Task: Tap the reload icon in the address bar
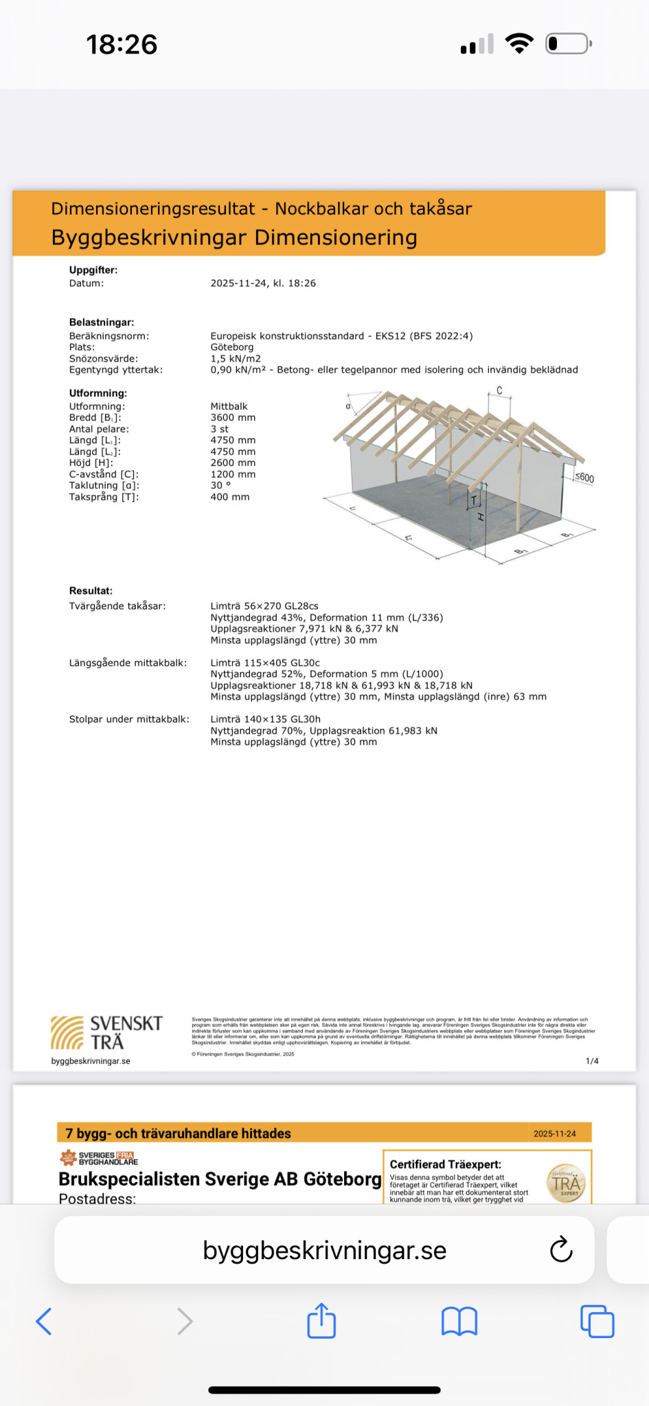561,1249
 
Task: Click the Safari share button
321,1320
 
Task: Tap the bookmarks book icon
459,1321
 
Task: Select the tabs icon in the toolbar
597,1321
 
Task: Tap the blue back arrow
44,1321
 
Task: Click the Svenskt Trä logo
106,1033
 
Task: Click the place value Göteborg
232,347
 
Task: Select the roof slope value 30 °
220,485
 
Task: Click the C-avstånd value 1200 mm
233,474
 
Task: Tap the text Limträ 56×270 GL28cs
264,606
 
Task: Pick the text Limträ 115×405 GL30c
265,663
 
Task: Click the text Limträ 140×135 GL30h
265,719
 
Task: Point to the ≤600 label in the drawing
584,478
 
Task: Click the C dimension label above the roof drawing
499,391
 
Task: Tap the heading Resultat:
91,590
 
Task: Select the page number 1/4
592,1061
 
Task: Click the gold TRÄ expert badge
566,1183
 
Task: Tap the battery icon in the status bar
568,45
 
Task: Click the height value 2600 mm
233,463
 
